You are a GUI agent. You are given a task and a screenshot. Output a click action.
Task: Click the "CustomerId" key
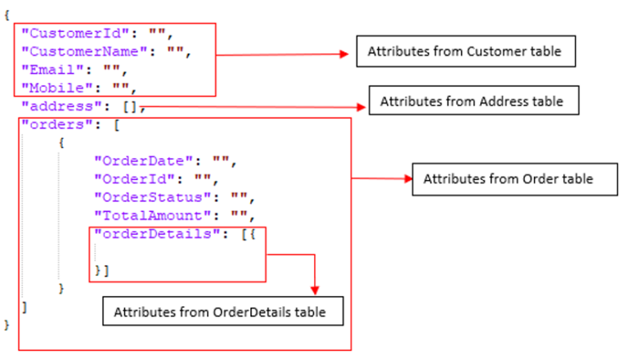pos(65,34)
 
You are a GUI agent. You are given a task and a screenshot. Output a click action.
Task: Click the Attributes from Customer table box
pos(464,52)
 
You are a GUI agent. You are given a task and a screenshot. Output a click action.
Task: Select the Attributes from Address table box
pos(473,101)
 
